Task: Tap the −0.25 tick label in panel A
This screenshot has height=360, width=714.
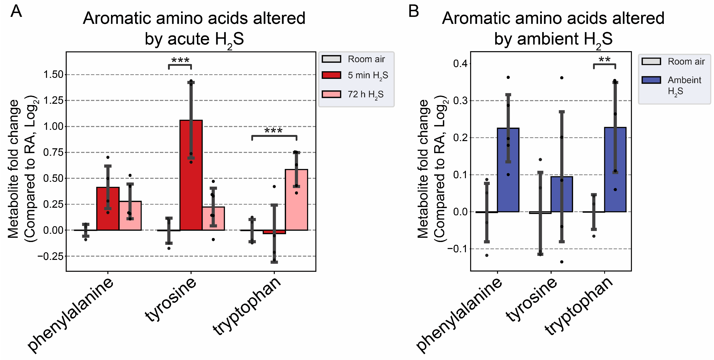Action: point(50,256)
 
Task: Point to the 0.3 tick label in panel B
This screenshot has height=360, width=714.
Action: point(460,101)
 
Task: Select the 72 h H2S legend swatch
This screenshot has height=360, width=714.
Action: point(331,94)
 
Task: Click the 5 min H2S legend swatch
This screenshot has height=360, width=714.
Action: point(331,75)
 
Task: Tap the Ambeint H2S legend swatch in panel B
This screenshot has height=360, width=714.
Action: point(651,80)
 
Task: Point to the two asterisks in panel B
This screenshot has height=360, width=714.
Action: point(604,59)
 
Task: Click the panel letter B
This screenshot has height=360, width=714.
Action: point(413,12)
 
